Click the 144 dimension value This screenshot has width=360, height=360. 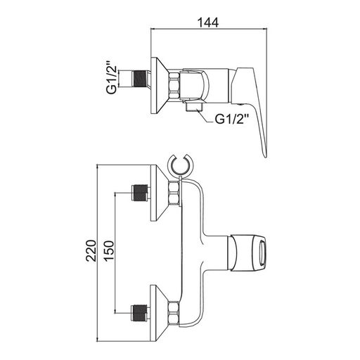(x=208, y=22)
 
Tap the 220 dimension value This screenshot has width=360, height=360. (x=91, y=250)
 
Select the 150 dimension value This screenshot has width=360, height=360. (x=109, y=250)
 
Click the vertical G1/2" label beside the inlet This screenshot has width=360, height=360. (x=111, y=78)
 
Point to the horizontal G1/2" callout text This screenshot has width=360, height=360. (x=231, y=120)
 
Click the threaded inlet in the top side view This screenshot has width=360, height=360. (x=140, y=79)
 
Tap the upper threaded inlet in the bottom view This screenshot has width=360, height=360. (x=140, y=193)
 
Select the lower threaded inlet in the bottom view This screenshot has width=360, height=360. (x=140, y=313)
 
